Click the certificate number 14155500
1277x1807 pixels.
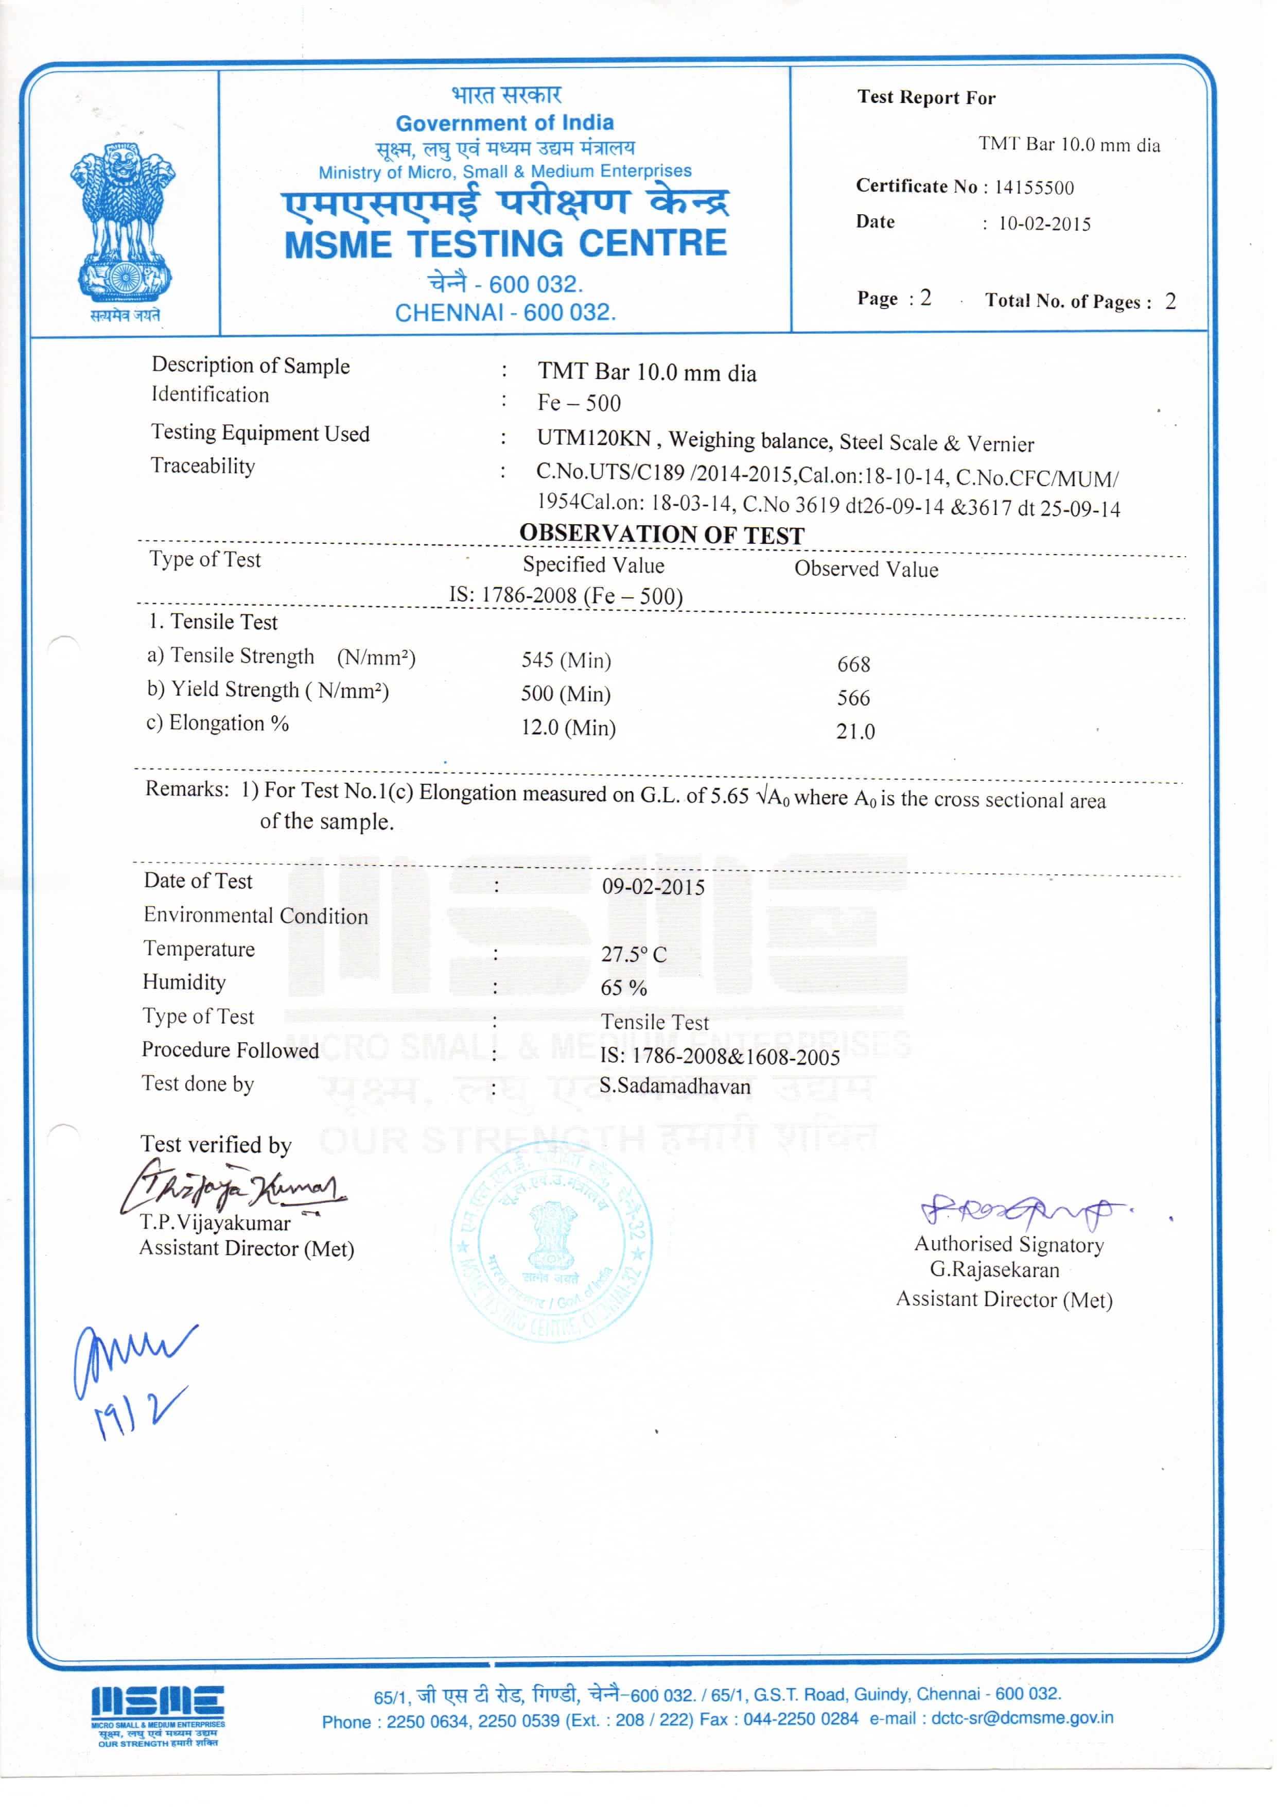[x=1034, y=187]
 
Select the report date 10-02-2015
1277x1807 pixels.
[x=1044, y=225]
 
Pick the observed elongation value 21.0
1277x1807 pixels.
[x=855, y=732]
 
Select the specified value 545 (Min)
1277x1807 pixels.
[x=566, y=660]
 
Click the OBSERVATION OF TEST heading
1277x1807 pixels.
[x=662, y=535]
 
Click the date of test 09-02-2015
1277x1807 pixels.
[x=653, y=887]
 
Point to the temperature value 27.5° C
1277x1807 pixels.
[x=634, y=955]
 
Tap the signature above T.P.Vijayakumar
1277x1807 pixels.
[x=233, y=1188]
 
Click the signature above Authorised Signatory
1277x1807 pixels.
[x=1023, y=1211]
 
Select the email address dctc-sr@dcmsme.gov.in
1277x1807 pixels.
[x=1022, y=1718]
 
